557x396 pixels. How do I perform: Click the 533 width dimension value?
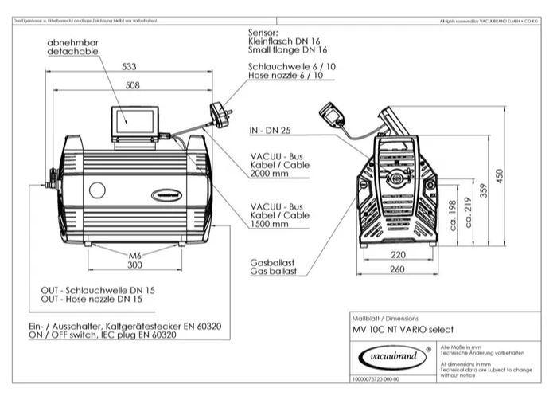(x=128, y=68)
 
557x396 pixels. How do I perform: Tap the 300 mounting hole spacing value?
(x=134, y=265)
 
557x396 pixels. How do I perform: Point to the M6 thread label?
(x=135, y=253)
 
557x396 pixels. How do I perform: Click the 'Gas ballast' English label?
(x=274, y=272)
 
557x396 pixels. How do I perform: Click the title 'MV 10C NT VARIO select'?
(x=403, y=329)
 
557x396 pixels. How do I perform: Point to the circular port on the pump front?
(x=99, y=191)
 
